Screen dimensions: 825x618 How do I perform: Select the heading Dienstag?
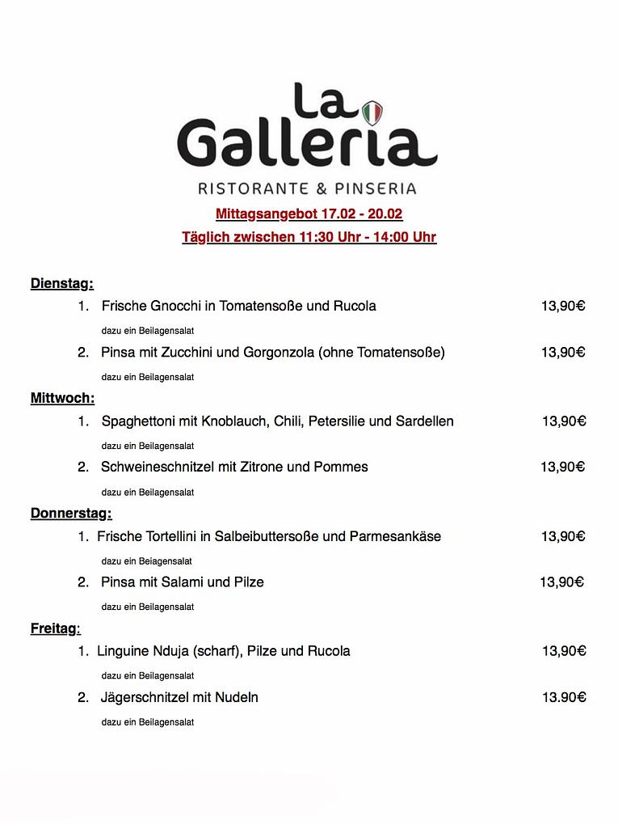pyautogui.click(x=62, y=283)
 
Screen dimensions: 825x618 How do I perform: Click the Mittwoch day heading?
pyautogui.click(x=62, y=398)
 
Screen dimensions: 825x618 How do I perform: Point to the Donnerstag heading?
pyautogui.click(x=71, y=513)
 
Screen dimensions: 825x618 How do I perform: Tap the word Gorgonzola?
pyautogui.click(x=279, y=352)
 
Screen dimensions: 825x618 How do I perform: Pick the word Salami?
pyautogui.click(x=185, y=582)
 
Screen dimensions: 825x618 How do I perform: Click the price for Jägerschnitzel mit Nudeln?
pyautogui.click(x=563, y=697)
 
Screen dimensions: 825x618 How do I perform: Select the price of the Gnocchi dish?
pyautogui.click(x=563, y=306)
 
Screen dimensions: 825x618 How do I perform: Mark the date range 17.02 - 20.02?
pyautogui.click(x=361, y=214)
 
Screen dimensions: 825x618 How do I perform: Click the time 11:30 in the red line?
pyautogui.click(x=316, y=238)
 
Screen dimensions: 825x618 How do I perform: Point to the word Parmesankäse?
pyautogui.click(x=395, y=536)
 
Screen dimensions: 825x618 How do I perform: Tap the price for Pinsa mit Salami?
pyautogui.click(x=561, y=582)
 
